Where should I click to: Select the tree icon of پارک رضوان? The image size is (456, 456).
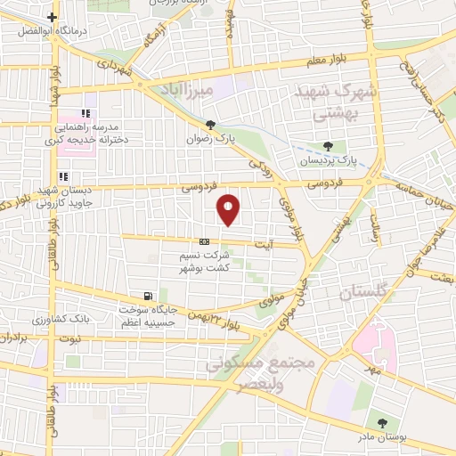(x=210, y=126)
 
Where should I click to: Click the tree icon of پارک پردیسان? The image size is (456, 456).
(x=329, y=147)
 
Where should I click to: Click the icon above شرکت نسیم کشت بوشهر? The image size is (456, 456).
(x=205, y=240)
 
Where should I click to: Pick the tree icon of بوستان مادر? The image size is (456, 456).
(x=381, y=423)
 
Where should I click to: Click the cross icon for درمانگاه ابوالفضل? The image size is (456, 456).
(x=53, y=17)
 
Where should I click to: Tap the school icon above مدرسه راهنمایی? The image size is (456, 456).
(x=85, y=113)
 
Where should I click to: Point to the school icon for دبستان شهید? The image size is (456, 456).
(x=62, y=175)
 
